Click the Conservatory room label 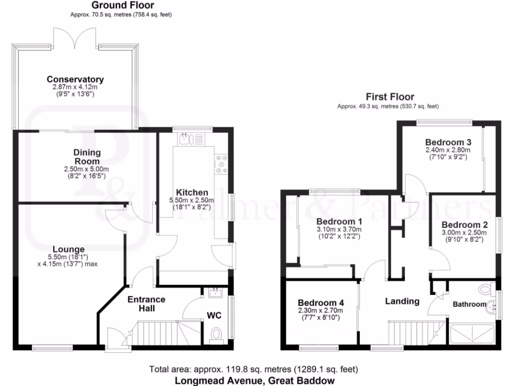click(x=75, y=79)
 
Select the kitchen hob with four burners click(x=220, y=164)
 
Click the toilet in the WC click(x=217, y=333)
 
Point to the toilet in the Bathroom click(x=485, y=290)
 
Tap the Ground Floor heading click(x=123, y=5)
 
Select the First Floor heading click(x=390, y=97)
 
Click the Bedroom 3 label click(x=448, y=142)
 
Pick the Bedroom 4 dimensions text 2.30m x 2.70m click(x=320, y=311)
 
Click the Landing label click(x=402, y=301)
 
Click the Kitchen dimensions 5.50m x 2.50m click(x=193, y=200)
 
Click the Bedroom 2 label click(x=464, y=225)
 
